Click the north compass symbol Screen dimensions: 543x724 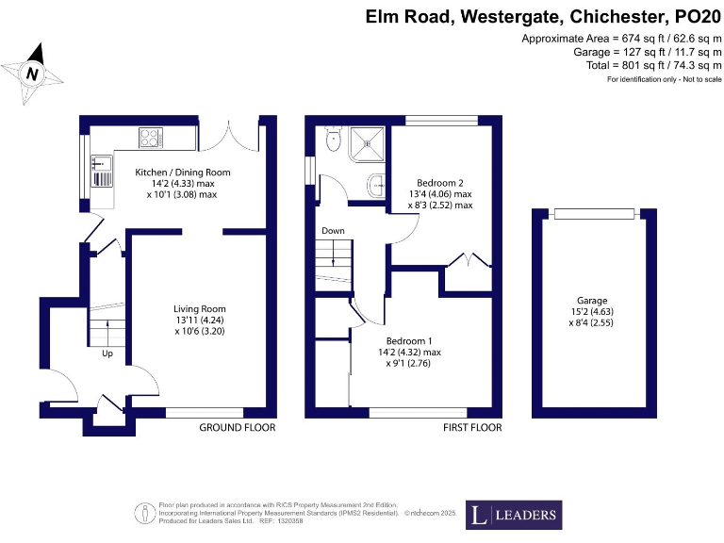[x=33, y=73]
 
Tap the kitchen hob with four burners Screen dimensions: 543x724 [x=151, y=138]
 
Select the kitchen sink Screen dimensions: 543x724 [x=100, y=170]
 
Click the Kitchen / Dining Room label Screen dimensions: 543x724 [x=182, y=173]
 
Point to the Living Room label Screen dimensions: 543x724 [x=199, y=309]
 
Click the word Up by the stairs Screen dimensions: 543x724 [x=108, y=354]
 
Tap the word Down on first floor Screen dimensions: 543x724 [x=333, y=231]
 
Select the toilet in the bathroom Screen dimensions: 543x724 [x=332, y=139]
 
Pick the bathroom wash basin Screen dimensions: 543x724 [x=376, y=184]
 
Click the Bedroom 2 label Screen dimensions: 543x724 [x=439, y=182]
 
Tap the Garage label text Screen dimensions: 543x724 [x=593, y=300]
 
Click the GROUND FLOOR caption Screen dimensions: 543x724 [x=237, y=428]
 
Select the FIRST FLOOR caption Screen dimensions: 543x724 [x=472, y=428]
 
